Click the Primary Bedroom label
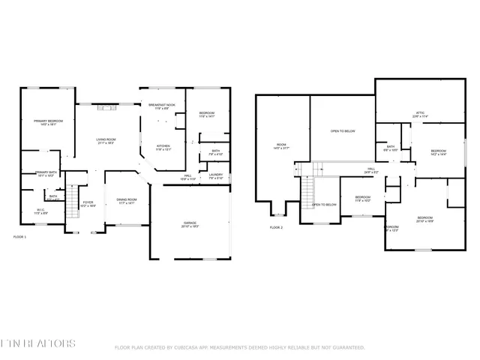(47, 121)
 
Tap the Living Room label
(105, 141)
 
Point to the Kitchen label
(163, 147)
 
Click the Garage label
(190, 224)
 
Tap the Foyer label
(88, 203)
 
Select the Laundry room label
(216, 177)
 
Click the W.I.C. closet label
(41, 211)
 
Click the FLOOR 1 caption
(20, 237)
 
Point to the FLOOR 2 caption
(277, 227)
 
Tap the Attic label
(420, 115)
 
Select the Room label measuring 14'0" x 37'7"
(281, 146)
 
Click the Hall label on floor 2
(370, 171)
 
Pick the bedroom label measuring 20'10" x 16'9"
(425, 219)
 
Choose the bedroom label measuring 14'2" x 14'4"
(438, 153)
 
